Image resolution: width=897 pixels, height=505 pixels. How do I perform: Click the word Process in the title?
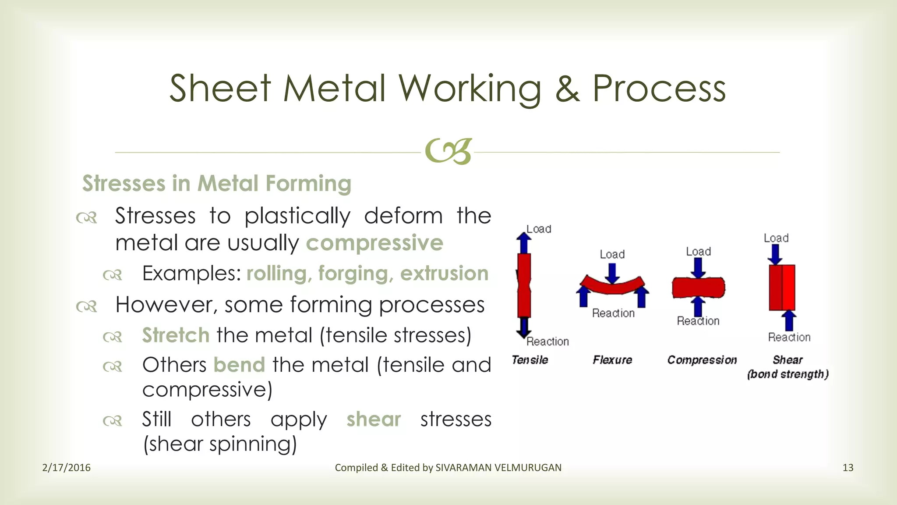659,89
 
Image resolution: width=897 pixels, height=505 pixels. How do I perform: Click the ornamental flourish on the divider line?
448,152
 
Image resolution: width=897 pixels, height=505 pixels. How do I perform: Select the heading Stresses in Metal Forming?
217,183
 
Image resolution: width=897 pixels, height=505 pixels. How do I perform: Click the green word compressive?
374,243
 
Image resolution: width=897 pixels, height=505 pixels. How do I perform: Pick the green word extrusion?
444,274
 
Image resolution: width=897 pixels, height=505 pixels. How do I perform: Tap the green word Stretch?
176,335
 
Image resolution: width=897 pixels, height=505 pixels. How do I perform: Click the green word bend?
239,365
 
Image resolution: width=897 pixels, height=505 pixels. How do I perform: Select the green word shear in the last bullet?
374,420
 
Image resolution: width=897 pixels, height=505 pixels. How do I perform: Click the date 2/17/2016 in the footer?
66,468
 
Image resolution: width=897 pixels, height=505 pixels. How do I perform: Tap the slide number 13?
848,468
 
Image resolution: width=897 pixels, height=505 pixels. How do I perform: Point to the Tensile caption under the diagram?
530,360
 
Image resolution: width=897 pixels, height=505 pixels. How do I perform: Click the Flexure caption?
612,360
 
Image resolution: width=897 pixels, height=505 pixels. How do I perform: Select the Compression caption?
702,360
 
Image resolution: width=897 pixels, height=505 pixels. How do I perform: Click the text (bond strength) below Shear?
788,374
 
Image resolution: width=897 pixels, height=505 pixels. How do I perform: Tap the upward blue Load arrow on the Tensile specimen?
523,242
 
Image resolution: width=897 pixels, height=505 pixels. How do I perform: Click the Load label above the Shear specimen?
776,238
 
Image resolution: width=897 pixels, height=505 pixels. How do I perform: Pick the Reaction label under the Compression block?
698,321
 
